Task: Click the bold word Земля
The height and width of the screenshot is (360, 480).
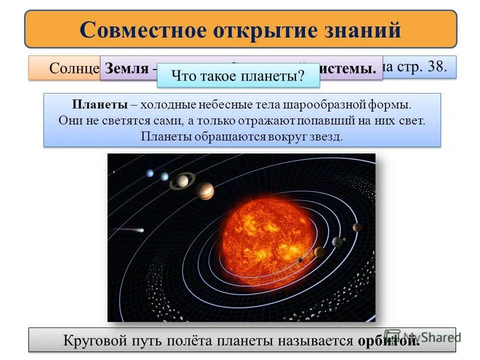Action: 127,69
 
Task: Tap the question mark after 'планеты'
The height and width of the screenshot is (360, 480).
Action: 301,76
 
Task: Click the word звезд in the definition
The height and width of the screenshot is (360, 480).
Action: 326,136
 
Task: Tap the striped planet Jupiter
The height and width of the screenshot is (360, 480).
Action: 205,190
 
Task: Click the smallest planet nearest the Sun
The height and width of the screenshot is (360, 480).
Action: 300,259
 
